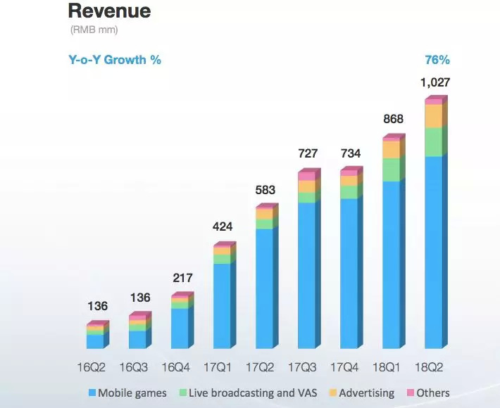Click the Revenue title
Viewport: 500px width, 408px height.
(109, 11)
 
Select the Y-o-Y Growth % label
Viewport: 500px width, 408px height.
(114, 60)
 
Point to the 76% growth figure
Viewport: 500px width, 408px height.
(437, 60)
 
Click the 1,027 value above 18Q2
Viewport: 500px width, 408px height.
(436, 83)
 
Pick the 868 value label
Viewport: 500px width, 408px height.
(393, 119)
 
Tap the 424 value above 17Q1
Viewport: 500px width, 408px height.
(223, 227)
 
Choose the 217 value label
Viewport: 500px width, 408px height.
(181, 278)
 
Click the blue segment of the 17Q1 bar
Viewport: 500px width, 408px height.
(222, 306)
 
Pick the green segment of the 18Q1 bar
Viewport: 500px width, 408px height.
(391, 170)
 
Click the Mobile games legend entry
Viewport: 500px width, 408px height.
(129, 393)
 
